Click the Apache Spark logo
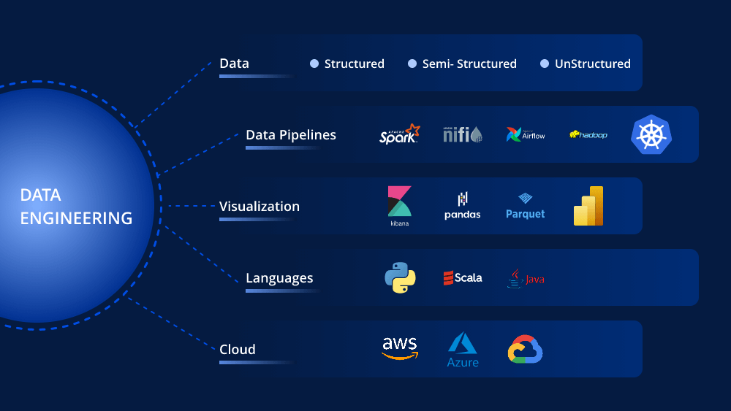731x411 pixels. tap(400, 134)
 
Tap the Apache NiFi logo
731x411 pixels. tap(463, 134)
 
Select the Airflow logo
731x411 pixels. tap(526, 134)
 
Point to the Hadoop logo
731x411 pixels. tap(588, 135)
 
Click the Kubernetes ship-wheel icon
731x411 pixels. tap(651, 134)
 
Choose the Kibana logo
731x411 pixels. tap(400, 206)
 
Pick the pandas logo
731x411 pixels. tap(463, 206)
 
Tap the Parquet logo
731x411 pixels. tap(526, 206)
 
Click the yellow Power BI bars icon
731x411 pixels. tap(588, 206)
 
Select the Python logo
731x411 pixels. tap(400, 277)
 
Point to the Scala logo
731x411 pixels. tap(463, 278)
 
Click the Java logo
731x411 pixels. tap(526, 278)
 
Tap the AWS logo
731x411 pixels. tap(400, 348)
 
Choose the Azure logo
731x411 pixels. tap(463, 350)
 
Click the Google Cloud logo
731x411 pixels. tap(526, 349)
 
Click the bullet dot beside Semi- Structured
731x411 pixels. tap(412, 64)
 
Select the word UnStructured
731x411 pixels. tap(593, 64)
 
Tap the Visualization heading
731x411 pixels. tap(260, 206)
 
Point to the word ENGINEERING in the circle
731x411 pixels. tap(76, 218)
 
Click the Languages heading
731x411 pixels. tap(279, 278)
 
